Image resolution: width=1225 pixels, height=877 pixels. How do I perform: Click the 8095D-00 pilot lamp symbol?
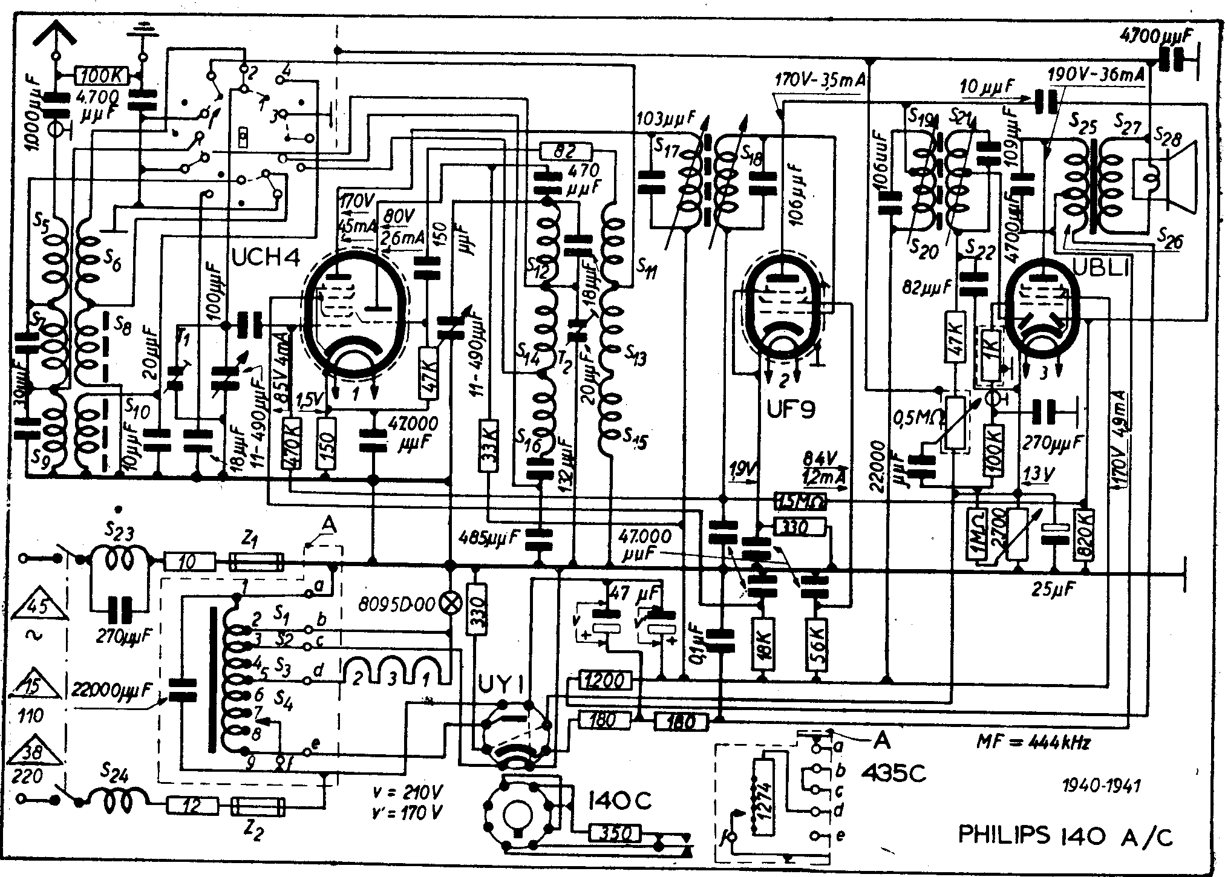[x=451, y=602]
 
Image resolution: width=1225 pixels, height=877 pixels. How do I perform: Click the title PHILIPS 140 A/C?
[x=1065, y=836]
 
